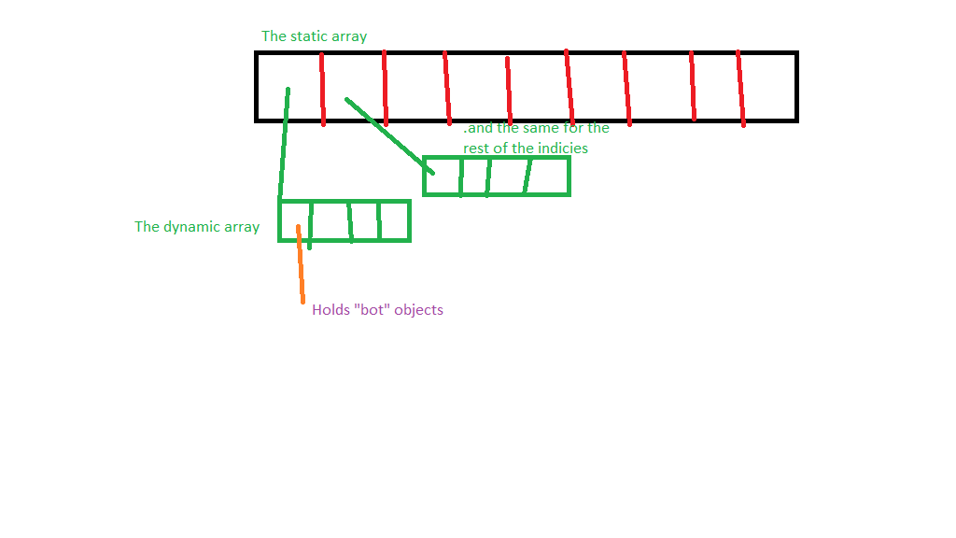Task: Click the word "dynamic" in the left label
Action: click(193, 227)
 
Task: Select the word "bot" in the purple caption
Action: click(373, 310)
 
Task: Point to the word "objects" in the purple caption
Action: click(418, 310)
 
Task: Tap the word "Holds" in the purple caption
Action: click(330, 310)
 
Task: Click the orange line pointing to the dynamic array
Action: click(301, 266)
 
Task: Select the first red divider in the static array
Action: click(322, 89)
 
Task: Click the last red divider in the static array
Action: click(740, 89)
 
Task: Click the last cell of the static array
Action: click(768, 87)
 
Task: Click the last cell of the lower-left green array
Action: click(394, 221)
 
